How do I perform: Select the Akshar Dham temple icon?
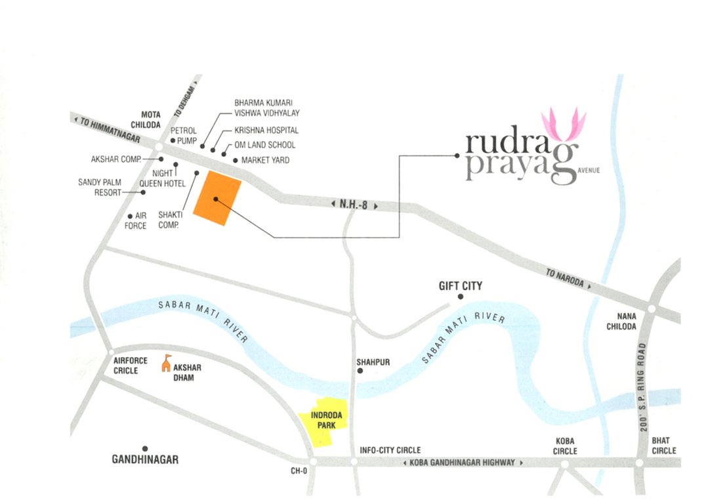click(167, 363)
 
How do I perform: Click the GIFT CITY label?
click(460, 285)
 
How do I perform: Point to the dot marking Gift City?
click(461, 297)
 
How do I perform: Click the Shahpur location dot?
click(360, 371)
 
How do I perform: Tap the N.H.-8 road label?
click(355, 205)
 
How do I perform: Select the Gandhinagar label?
click(145, 459)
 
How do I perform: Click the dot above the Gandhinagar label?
click(145, 448)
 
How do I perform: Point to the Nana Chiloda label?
click(621, 321)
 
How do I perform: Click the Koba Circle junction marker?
click(564, 463)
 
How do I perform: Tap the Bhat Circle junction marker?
click(640, 463)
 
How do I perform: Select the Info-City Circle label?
click(390, 450)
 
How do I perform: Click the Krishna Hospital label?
click(266, 131)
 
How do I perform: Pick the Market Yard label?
click(265, 160)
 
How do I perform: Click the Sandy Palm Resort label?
click(100, 187)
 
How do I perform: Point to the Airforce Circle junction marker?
click(112, 353)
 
